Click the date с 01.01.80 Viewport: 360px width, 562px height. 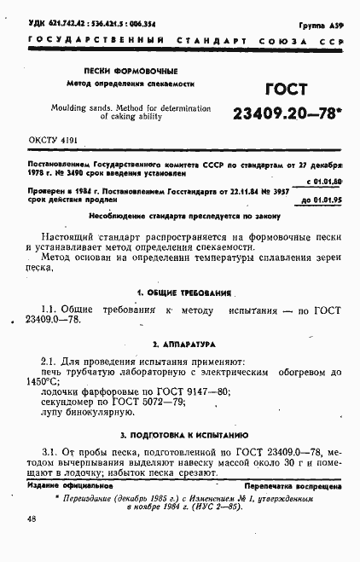(x=323, y=181)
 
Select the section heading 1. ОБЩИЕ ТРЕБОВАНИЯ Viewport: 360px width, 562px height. (x=179, y=293)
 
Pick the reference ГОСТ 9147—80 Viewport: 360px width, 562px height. (x=189, y=392)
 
